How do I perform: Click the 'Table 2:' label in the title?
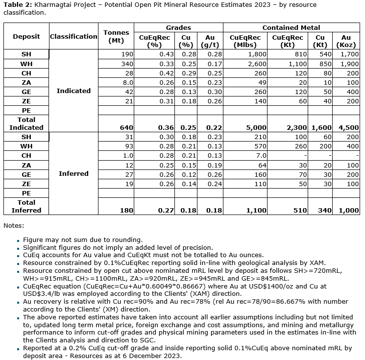(17, 5)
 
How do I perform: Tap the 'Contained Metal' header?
(291, 27)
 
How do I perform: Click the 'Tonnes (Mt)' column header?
(116, 36)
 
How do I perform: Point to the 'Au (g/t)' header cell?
(210, 40)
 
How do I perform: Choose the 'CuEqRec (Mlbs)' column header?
(244, 40)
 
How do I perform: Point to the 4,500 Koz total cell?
(348, 127)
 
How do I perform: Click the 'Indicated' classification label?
(73, 91)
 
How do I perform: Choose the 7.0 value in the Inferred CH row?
(261, 155)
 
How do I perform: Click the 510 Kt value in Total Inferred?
(287, 210)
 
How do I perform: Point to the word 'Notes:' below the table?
(13, 226)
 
